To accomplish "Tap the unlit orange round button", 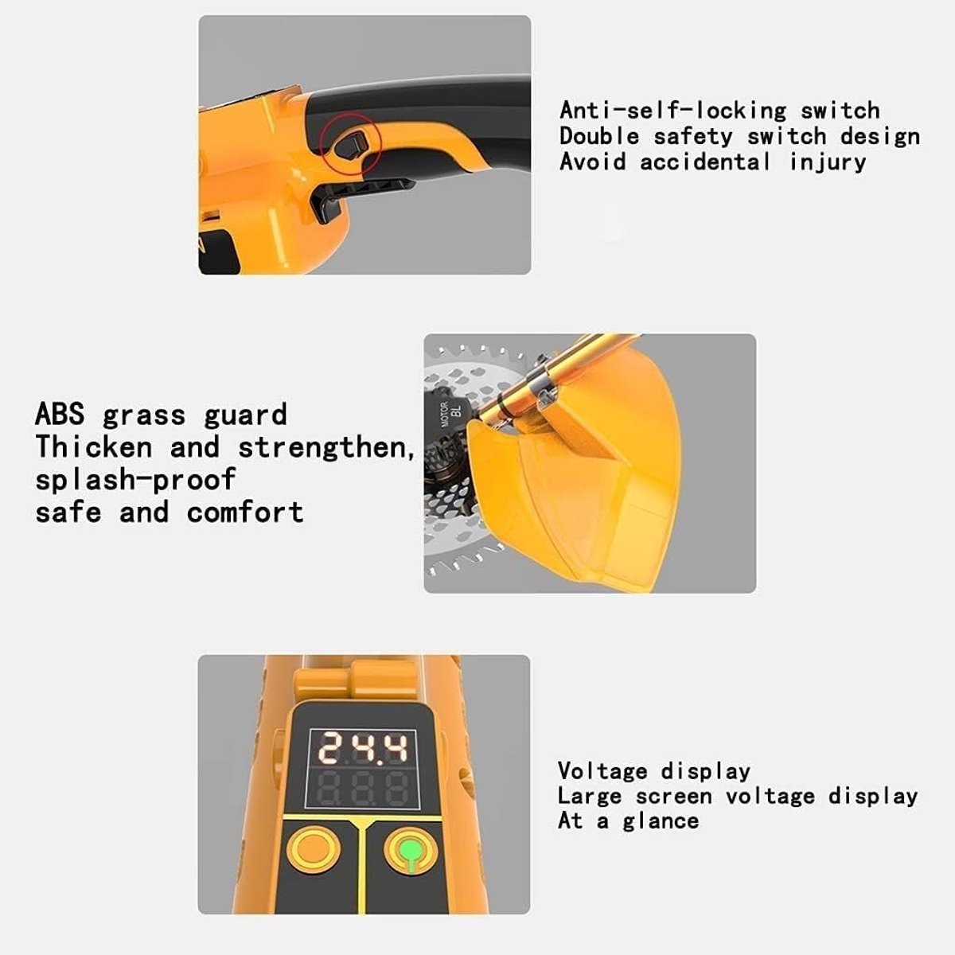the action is pos(314,849).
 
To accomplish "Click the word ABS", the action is pos(60,414).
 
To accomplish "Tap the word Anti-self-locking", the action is pos(672,111).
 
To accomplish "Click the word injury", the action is pos(827,162).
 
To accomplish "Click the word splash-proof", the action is pos(135,479).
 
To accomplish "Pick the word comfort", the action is pos(245,512).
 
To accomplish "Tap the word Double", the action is pos(599,136).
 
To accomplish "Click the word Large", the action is pos(589,797).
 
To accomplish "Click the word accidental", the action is pos(705,162).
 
